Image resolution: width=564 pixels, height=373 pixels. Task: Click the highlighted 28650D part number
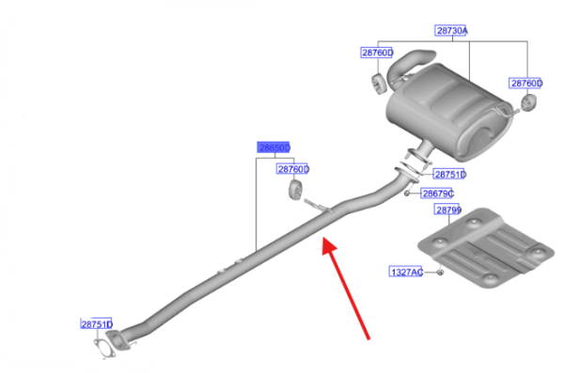tap(274, 148)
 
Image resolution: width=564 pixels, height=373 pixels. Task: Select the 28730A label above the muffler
tap(451, 31)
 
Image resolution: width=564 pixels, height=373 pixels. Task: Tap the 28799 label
tap(448, 210)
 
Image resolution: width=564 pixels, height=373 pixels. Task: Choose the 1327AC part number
tap(406, 272)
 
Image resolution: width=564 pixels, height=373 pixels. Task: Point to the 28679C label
tap(437, 194)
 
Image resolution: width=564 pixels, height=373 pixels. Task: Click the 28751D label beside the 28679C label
tap(449, 175)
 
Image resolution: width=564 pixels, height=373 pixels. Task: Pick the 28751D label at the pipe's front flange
tap(97, 324)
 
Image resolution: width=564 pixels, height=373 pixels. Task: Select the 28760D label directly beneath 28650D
tap(292, 169)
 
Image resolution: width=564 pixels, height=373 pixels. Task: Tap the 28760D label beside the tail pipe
tap(377, 53)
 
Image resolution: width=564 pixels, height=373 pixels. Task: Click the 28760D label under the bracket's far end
tap(525, 84)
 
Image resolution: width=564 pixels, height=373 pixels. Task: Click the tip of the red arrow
tap(323, 238)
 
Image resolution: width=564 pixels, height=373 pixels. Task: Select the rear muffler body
tap(449, 112)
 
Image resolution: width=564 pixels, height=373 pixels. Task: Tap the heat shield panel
tap(486, 247)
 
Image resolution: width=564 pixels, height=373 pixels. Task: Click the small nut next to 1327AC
tap(440, 272)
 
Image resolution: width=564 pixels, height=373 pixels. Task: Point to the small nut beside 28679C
tap(407, 194)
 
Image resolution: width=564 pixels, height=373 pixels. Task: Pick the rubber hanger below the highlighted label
tap(295, 190)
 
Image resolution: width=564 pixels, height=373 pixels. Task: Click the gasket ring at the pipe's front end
tap(104, 348)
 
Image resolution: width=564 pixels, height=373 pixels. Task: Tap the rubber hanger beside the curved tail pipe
tap(378, 85)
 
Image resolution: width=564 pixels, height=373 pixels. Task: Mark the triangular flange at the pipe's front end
tap(118, 341)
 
